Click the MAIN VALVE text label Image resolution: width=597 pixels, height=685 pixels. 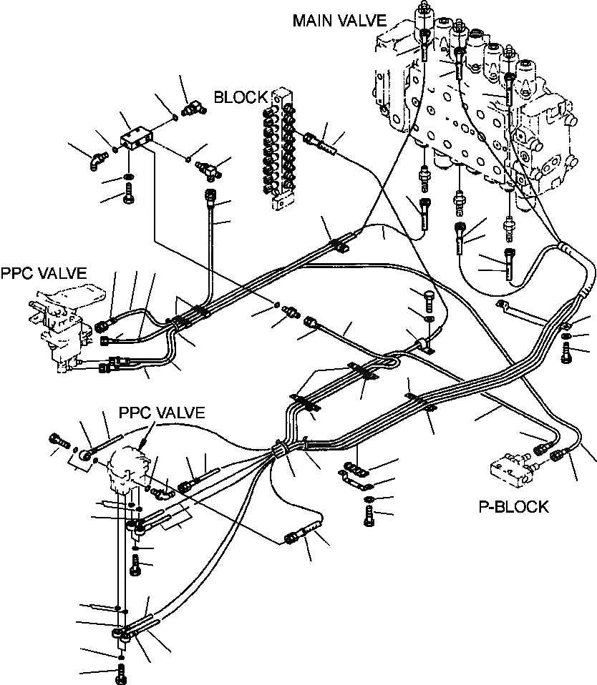click(339, 21)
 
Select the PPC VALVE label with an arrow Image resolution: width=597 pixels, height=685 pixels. click(161, 413)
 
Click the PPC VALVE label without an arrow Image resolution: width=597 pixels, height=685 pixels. click(44, 272)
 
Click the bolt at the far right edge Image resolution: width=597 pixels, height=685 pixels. click(568, 352)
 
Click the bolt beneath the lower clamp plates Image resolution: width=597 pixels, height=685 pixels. click(369, 516)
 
